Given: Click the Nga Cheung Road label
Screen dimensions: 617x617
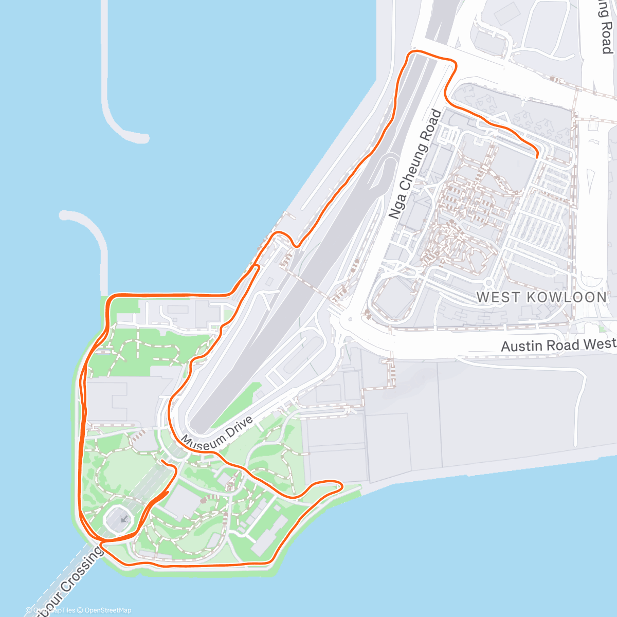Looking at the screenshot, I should [415, 164].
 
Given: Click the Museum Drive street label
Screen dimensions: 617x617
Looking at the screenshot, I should [217, 435].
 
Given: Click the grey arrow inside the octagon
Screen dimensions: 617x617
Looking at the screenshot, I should [123, 519].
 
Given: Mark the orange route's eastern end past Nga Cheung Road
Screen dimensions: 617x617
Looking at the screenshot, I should [537, 155].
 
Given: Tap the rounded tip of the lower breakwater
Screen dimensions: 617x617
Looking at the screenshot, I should [65, 215].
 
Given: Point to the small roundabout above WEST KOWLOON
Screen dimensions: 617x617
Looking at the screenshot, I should [488, 282].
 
